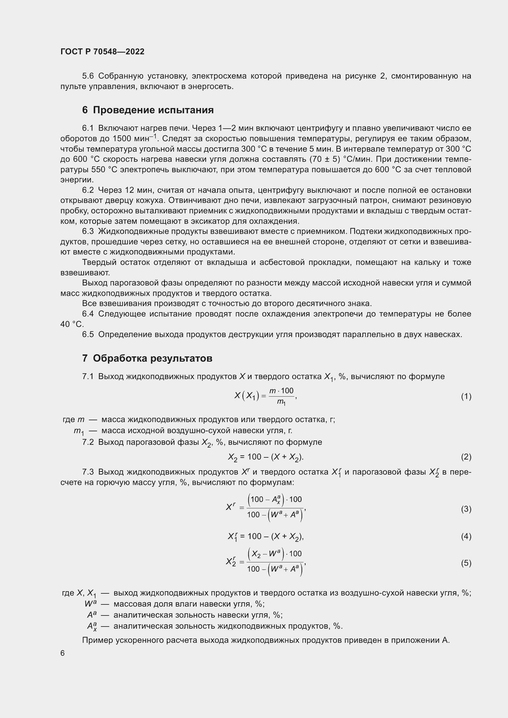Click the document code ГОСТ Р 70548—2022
pos(102,52)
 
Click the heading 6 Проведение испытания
pos(148,110)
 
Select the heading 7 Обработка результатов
pos(147,358)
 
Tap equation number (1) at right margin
pos(466,397)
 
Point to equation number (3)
pos(466,509)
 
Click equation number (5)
pos(466,563)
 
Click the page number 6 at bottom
pos(63,653)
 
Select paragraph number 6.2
pos(88,190)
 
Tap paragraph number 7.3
pos(88,472)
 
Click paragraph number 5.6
pos(88,76)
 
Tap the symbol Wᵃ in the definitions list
pos(90,604)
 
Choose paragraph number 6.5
pos(88,335)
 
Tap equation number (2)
pos(466,457)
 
